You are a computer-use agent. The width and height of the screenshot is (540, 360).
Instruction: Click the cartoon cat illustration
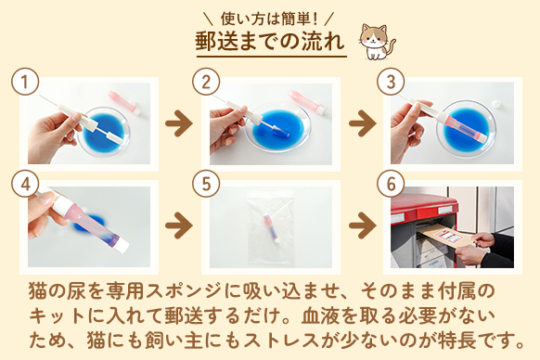coord(377,42)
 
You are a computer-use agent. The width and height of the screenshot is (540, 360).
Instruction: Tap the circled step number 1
coord(25,82)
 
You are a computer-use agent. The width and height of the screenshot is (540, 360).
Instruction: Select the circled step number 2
coord(206,82)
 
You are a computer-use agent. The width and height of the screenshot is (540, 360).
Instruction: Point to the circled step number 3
coord(391,82)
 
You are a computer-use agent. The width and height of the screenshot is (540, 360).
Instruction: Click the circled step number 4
coord(25,184)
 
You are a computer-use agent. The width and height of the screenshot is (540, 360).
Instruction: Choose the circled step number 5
coord(206,184)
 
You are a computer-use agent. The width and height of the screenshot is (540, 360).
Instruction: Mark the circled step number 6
coord(391,184)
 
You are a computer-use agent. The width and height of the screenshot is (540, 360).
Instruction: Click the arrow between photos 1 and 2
coord(179,123)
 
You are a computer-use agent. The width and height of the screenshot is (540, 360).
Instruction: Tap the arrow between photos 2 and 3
coord(362,123)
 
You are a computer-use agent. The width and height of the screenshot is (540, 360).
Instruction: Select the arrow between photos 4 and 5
coord(179,225)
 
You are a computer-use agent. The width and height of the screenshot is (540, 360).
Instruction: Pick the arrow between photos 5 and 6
coord(362,225)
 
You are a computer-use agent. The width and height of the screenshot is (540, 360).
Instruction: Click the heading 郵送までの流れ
coord(270,42)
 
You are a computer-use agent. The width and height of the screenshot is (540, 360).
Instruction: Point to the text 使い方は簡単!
coord(269,19)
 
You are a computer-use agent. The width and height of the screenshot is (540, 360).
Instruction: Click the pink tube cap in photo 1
coord(123,102)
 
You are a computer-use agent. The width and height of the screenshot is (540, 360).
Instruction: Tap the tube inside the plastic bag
coord(270,229)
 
